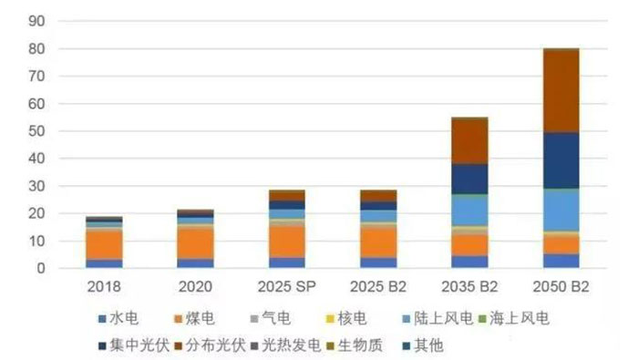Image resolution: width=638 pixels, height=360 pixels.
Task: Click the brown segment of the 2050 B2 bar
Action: click(x=561, y=90)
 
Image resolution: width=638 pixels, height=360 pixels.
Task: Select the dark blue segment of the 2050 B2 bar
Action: click(x=561, y=160)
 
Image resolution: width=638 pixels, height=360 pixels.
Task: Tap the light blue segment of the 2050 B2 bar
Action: click(x=561, y=210)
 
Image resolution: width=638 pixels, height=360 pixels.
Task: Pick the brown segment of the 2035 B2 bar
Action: click(x=469, y=140)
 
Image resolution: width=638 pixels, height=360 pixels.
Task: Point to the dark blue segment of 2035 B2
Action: click(x=469, y=179)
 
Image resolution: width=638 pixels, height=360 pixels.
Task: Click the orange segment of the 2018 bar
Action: click(x=104, y=245)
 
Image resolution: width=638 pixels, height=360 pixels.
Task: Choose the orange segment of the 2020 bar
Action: click(x=195, y=243)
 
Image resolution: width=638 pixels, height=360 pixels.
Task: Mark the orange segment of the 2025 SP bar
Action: click(x=287, y=242)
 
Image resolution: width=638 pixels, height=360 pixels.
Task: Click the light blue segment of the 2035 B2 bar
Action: click(x=469, y=211)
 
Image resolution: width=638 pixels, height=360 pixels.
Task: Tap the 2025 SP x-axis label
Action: click(x=287, y=287)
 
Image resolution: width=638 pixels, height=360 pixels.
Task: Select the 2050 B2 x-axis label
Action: click(x=561, y=287)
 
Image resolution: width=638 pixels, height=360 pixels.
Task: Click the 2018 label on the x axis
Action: click(x=104, y=287)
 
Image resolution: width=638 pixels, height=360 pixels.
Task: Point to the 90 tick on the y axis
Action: click(x=37, y=21)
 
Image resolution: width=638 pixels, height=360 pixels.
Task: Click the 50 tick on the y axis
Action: click(x=37, y=131)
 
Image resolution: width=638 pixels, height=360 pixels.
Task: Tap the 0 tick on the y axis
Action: click(x=41, y=268)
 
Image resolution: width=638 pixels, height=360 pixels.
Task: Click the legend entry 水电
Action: click(x=118, y=318)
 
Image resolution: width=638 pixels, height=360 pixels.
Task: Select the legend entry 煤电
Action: click(x=194, y=318)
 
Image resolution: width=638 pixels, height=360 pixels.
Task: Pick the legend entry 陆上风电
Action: click(x=437, y=318)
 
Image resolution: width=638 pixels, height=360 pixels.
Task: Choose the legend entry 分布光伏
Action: click(x=211, y=345)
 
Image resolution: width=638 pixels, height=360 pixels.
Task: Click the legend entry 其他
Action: click(x=423, y=345)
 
